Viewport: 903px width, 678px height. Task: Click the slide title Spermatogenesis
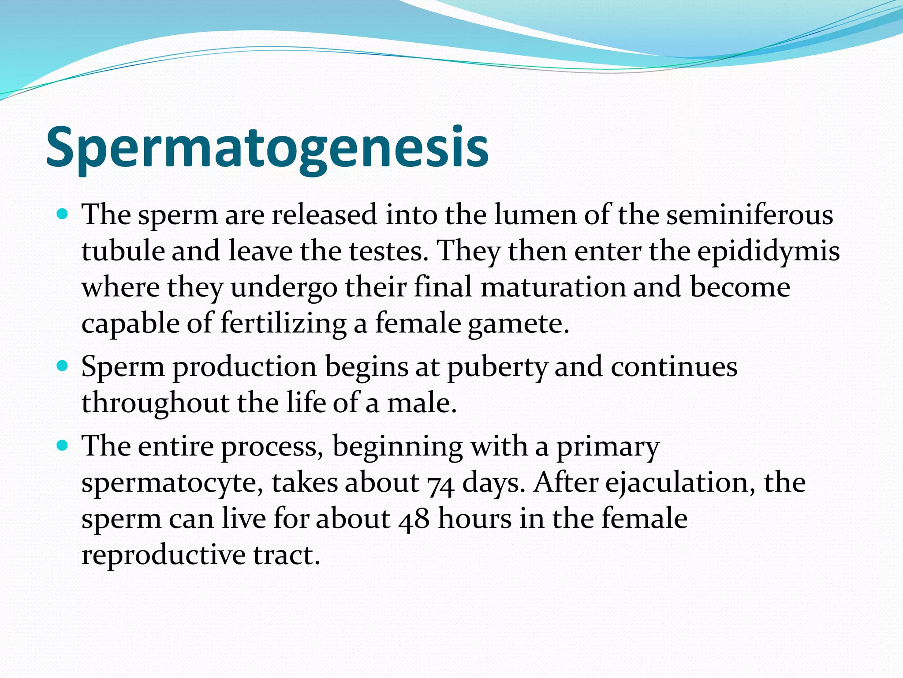coord(267,148)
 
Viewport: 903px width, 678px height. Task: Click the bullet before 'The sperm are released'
coord(63,215)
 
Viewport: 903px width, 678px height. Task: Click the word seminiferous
coord(750,215)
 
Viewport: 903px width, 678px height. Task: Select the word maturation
coord(553,287)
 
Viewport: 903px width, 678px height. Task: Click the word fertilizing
coord(284,324)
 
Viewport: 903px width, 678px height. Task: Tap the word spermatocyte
coord(172,483)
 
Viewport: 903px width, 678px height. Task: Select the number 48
coord(414,519)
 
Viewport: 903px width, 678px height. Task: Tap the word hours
coord(474,518)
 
